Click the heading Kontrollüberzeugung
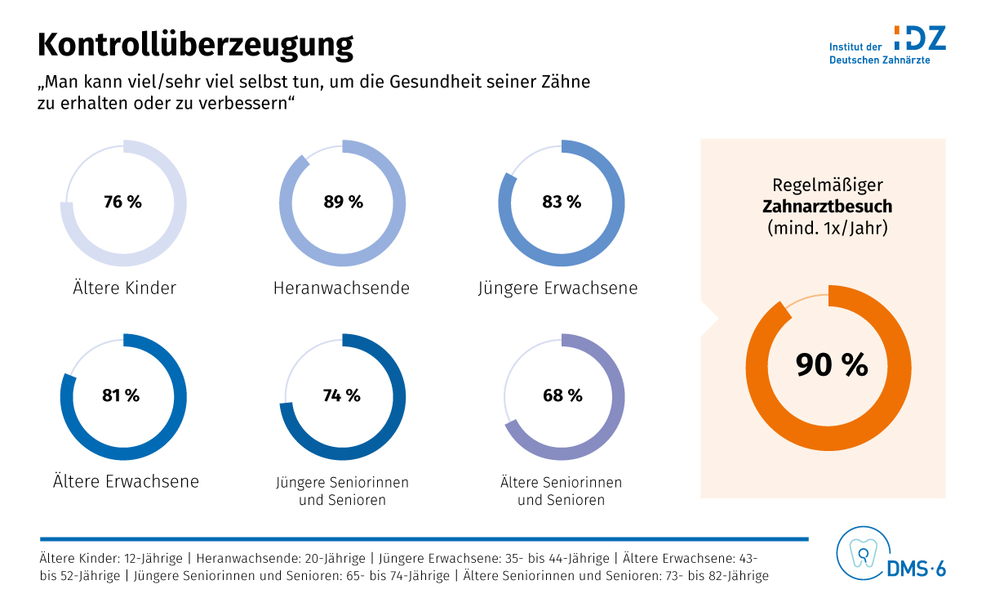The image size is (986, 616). click(x=195, y=45)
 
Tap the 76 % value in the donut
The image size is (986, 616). click(x=122, y=202)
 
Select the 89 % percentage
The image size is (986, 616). click(x=343, y=202)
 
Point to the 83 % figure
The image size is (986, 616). click(x=562, y=202)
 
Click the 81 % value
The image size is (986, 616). click(x=121, y=395)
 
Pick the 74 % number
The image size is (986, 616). click(x=341, y=395)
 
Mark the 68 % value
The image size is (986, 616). click(x=562, y=395)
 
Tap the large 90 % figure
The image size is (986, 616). click(x=832, y=364)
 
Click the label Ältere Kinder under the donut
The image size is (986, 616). click(x=123, y=288)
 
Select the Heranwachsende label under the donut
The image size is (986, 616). click(x=341, y=288)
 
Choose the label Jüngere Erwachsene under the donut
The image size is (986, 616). click(x=558, y=288)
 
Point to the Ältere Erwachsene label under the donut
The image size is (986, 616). click(x=126, y=481)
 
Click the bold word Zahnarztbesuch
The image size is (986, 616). click(x=828, y=207)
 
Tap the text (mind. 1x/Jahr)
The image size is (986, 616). click(x=828, y=228)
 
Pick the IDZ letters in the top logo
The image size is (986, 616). click(x=921, y=38)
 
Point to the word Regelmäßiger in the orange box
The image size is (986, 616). click(x=828, y=185)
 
